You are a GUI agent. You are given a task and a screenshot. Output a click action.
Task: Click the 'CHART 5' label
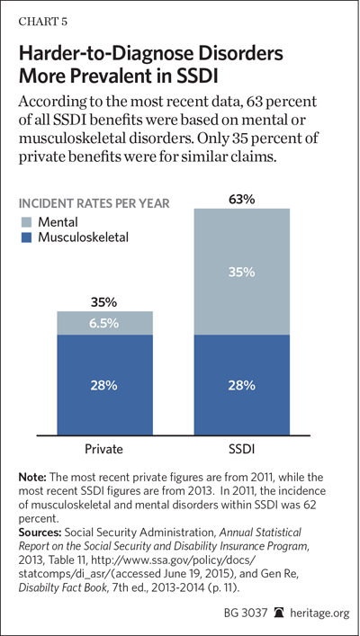click(x=43, y=22)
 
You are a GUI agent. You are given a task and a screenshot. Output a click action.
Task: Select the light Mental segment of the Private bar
click(x=104, y=323)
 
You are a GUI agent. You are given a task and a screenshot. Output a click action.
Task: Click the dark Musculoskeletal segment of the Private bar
click(x=104, y=385)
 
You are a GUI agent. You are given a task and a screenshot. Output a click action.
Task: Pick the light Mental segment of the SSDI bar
click(x=242, y=272)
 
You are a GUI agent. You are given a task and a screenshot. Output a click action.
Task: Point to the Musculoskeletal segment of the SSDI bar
click(x=242, y=385)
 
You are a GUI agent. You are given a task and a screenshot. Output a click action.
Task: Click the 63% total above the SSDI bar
click(x=242, y=200)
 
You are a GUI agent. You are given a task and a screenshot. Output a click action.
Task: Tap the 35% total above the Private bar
click(x=104, y=302)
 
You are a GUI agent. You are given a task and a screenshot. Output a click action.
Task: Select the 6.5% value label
click(x=104, y=324)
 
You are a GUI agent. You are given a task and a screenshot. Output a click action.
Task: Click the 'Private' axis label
click(x=104, y=450)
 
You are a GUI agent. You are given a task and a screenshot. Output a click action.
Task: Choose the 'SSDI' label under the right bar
click(x=242, y=450)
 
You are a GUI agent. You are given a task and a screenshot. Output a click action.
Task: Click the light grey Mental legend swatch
click(x=25, y=222)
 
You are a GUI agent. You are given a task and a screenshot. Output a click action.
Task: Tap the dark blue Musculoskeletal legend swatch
click(x=25, y=237)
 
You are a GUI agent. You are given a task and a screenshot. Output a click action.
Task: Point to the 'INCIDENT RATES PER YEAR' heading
click(x=94, y=203)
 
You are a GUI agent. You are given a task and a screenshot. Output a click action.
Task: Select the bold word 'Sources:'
click(x=39, y=520)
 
